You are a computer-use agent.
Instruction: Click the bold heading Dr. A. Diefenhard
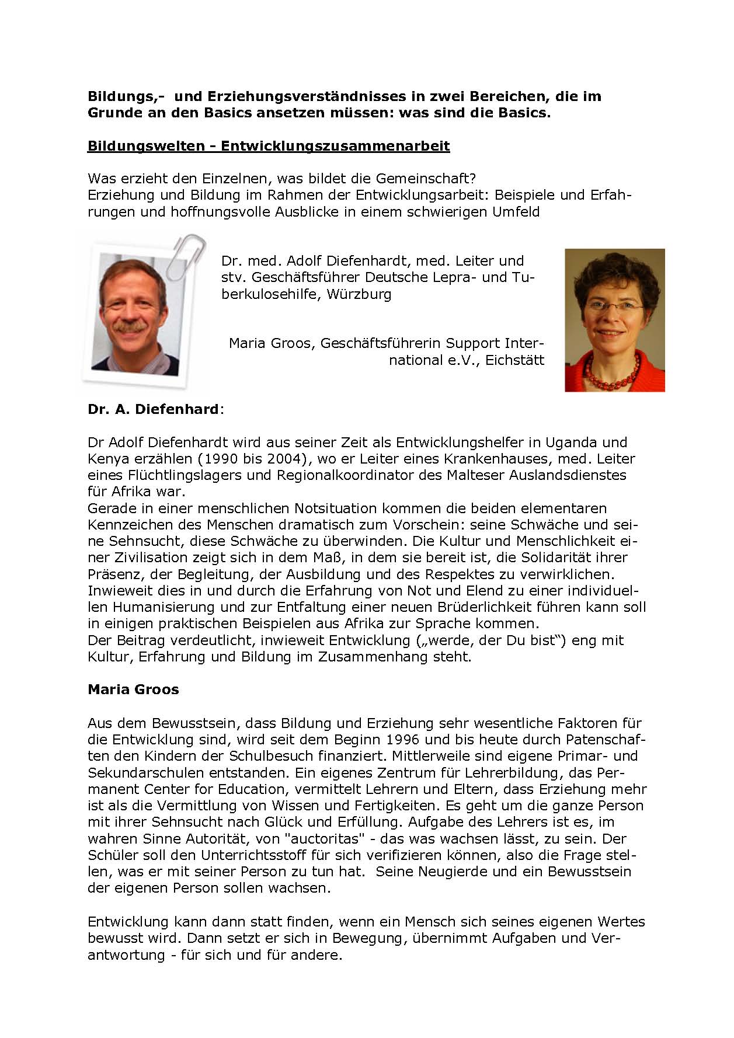[153, 409]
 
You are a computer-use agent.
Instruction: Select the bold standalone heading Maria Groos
[133, 689]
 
